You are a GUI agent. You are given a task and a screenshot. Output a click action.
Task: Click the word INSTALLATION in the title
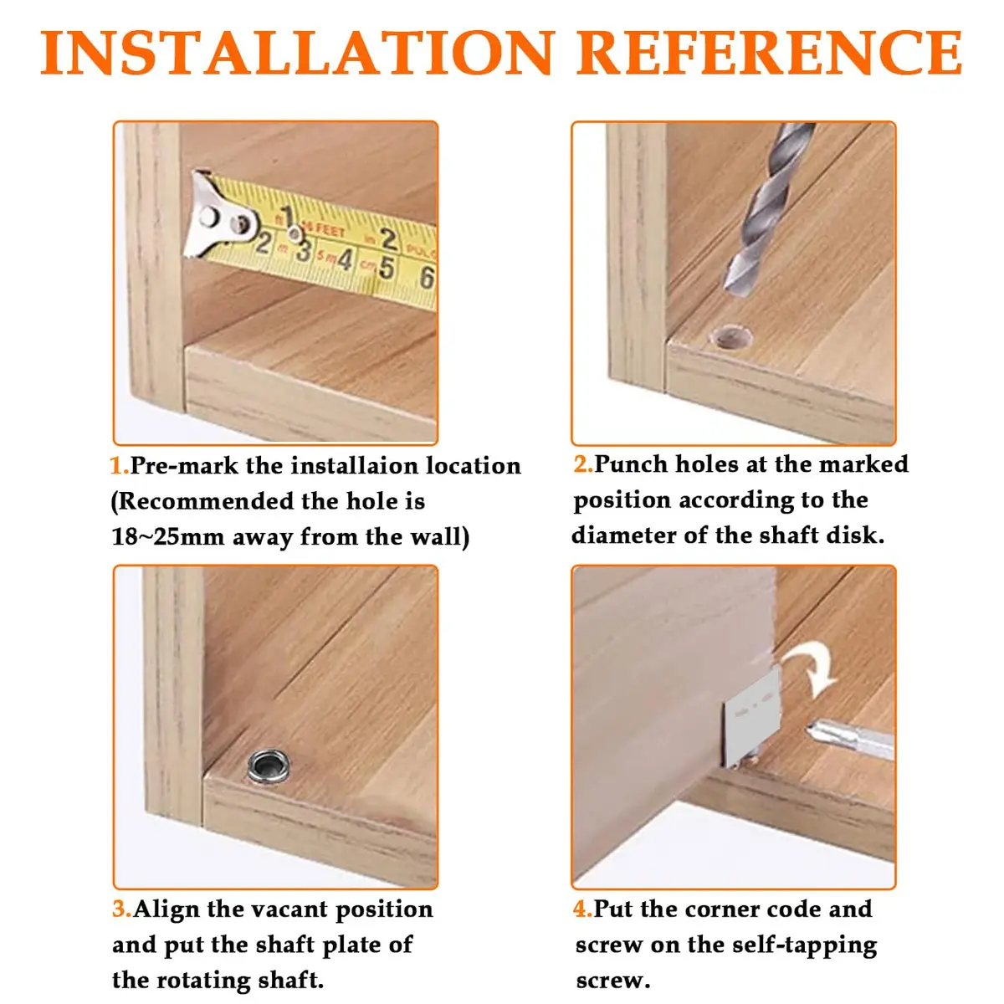click(x=296, y=52)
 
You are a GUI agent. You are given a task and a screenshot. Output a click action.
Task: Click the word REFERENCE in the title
click(x=769, y=52)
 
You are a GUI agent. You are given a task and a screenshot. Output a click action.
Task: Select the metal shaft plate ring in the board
click(x=269, y=766)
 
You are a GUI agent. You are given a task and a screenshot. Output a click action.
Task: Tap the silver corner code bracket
click(x=750, y=719)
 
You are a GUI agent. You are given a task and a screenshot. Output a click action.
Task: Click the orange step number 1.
click(x=120, y=465)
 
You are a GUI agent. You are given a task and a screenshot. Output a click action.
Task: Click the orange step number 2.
click(x=583, y=464)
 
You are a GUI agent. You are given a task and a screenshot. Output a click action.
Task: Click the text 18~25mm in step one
click(x=168, y=536)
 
